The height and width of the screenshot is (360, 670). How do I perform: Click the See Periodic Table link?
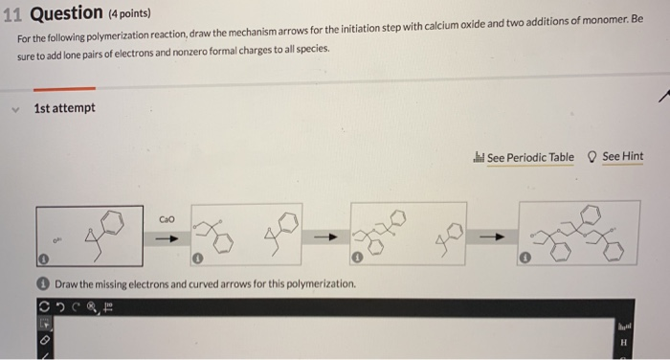tap(530, 157)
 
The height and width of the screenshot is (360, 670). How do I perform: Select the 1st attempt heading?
tap(64, 108)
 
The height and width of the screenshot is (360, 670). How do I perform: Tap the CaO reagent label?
tap(167, 218)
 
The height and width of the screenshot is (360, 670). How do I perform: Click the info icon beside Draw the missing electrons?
tap(43, 284)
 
